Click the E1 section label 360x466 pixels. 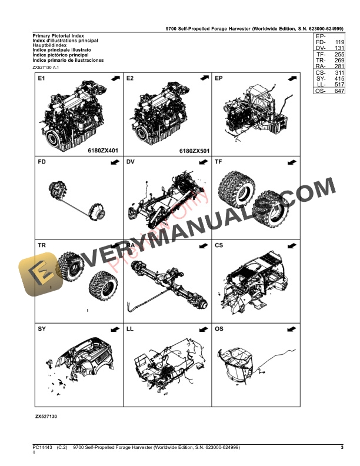pos(41,78)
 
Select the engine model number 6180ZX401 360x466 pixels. pos(102,151)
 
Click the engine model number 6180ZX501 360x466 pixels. pos(194,151)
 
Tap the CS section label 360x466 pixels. pos(219,245)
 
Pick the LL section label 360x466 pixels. pos(130,329)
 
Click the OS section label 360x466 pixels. pos(219,329)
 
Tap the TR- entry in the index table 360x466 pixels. pos(321,61)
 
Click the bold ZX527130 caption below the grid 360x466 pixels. pos(46,416)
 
